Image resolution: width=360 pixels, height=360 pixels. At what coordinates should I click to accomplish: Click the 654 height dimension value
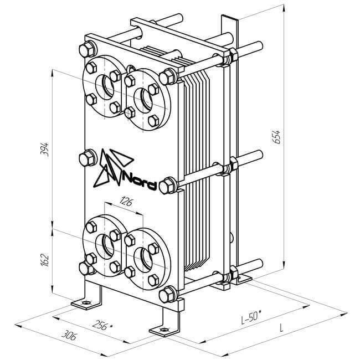click(x=277, y=137)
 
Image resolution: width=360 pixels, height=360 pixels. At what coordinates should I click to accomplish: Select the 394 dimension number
click(x=44, y=150)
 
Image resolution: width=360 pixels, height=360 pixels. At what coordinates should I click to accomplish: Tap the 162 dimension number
click(x=44, y=260)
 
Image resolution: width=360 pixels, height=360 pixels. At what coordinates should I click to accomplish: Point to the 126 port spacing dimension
click(x=126, y=202)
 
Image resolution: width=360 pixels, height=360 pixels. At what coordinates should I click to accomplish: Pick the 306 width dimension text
click(x=69, y=335)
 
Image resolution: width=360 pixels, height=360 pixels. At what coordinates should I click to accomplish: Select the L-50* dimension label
click(x=251, y=317)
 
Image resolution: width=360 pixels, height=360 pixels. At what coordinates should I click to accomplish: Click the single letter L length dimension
click(x=281, y=328)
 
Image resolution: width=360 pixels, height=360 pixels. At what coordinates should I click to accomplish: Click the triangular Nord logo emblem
click(x=112, y=167)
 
